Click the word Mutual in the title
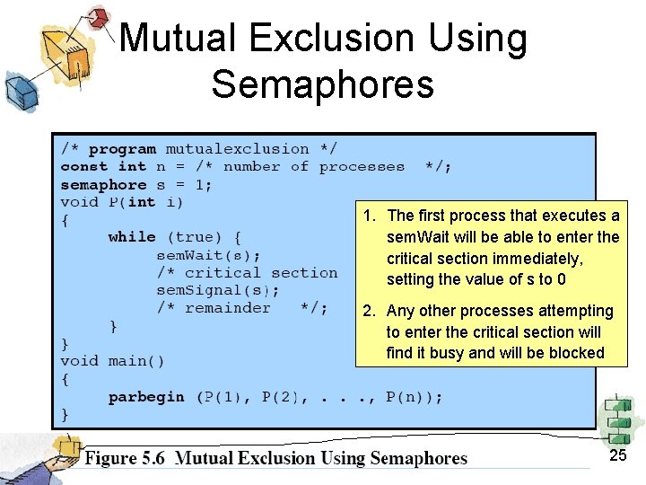[x=177, y=39]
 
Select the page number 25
[x=617, y=456]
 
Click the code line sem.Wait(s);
[x=209, y=254]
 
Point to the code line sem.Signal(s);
[x=218, y=290]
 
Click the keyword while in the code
[x=131, y=237]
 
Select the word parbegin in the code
[x=146, y=397]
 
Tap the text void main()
[x=112, y=361]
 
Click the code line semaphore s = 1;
[x=136, y=184]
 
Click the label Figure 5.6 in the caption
[x=125, y=459]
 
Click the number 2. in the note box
[x=369, y=311]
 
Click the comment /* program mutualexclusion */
[x=198, y=149]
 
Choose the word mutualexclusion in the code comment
[x=236, y=149]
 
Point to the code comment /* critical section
[x=247, y=272]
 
